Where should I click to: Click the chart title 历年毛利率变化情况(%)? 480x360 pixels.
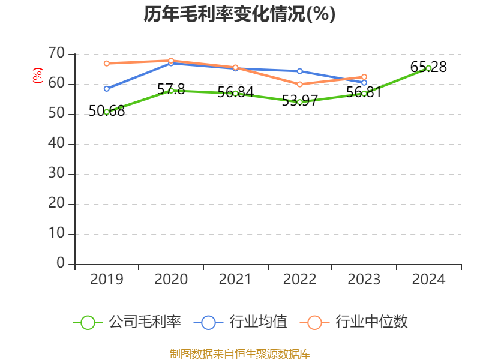point(239,14)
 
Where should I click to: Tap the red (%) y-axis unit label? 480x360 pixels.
point(38,76)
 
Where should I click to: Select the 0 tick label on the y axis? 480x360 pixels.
point(61,263)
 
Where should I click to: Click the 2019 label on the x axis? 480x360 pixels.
point(107,280)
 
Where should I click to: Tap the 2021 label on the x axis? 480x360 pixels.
point(235,280)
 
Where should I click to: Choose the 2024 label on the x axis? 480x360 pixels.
point(428,280)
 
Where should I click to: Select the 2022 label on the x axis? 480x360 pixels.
point(299,280)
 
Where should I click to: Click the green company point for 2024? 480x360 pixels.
point(428,68)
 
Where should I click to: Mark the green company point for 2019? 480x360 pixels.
point(107,112)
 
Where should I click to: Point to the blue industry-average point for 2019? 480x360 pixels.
point(107,88)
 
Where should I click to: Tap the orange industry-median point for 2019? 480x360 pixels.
point(107,63)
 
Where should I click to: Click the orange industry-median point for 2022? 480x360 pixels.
point(299,84)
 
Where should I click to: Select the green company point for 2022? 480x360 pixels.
point(299,102)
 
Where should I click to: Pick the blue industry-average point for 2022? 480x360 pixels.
point(299,71)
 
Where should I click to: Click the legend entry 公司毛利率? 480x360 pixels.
point(127,322)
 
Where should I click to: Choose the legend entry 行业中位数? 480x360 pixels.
point(358,322)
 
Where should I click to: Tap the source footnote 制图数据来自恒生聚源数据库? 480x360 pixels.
point(239,353)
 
